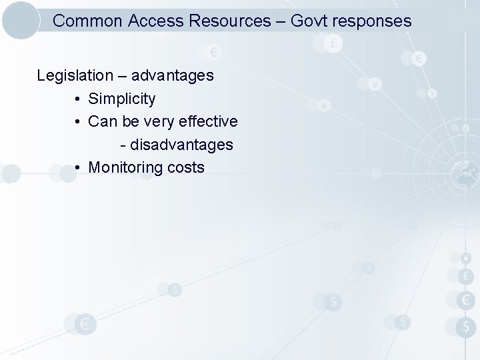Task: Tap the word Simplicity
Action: pos(122,99)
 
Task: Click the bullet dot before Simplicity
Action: pos(78,99)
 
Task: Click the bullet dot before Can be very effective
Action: pos(78,122)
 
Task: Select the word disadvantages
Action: pos(181,144)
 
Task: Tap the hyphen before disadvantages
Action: pos(123,145)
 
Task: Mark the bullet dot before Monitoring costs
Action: pos(78,167)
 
